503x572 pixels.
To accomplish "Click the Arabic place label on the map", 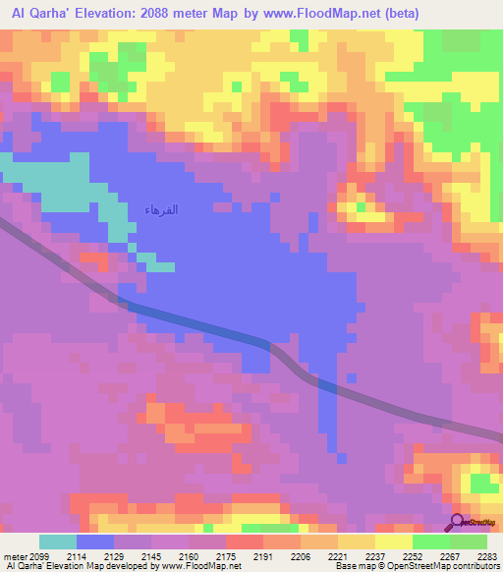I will [161, 211].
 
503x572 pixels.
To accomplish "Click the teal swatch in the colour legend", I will [57, 542].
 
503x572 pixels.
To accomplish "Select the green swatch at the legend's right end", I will [469, 542].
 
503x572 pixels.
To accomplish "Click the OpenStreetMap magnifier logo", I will [458, 522].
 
